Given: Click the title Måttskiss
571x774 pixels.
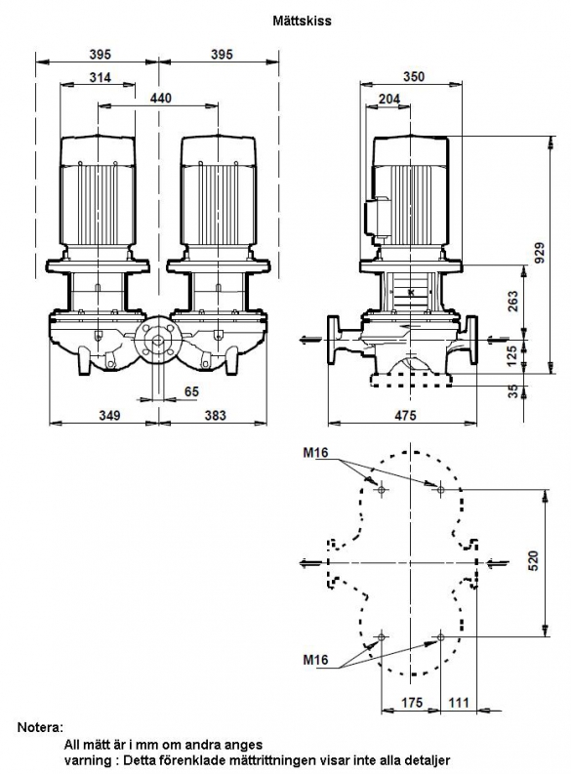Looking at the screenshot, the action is tap(302, 20).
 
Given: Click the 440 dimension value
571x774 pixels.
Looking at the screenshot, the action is tap(161, 99).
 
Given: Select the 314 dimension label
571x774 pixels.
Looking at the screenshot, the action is tap(101, 77).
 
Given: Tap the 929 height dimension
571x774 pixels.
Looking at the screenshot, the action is tap(540, 252).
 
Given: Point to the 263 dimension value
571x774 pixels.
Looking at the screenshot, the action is tap(513, 302).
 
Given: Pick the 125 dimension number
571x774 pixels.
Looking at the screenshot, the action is tap(513, 355).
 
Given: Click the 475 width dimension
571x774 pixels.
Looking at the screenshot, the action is tap(405, 415).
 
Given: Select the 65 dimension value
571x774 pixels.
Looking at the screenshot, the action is tap(191, 391).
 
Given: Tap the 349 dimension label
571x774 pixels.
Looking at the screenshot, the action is tap(109, 415).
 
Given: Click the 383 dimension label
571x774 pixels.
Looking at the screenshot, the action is tap(215, 415).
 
